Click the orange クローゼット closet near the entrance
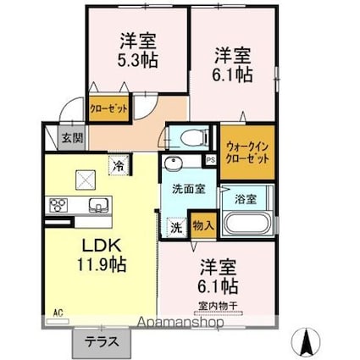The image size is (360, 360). click(110, 109)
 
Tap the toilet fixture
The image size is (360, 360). click(186, 136)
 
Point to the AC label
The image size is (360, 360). click(58, 313)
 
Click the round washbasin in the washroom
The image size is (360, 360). click(175, 164)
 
